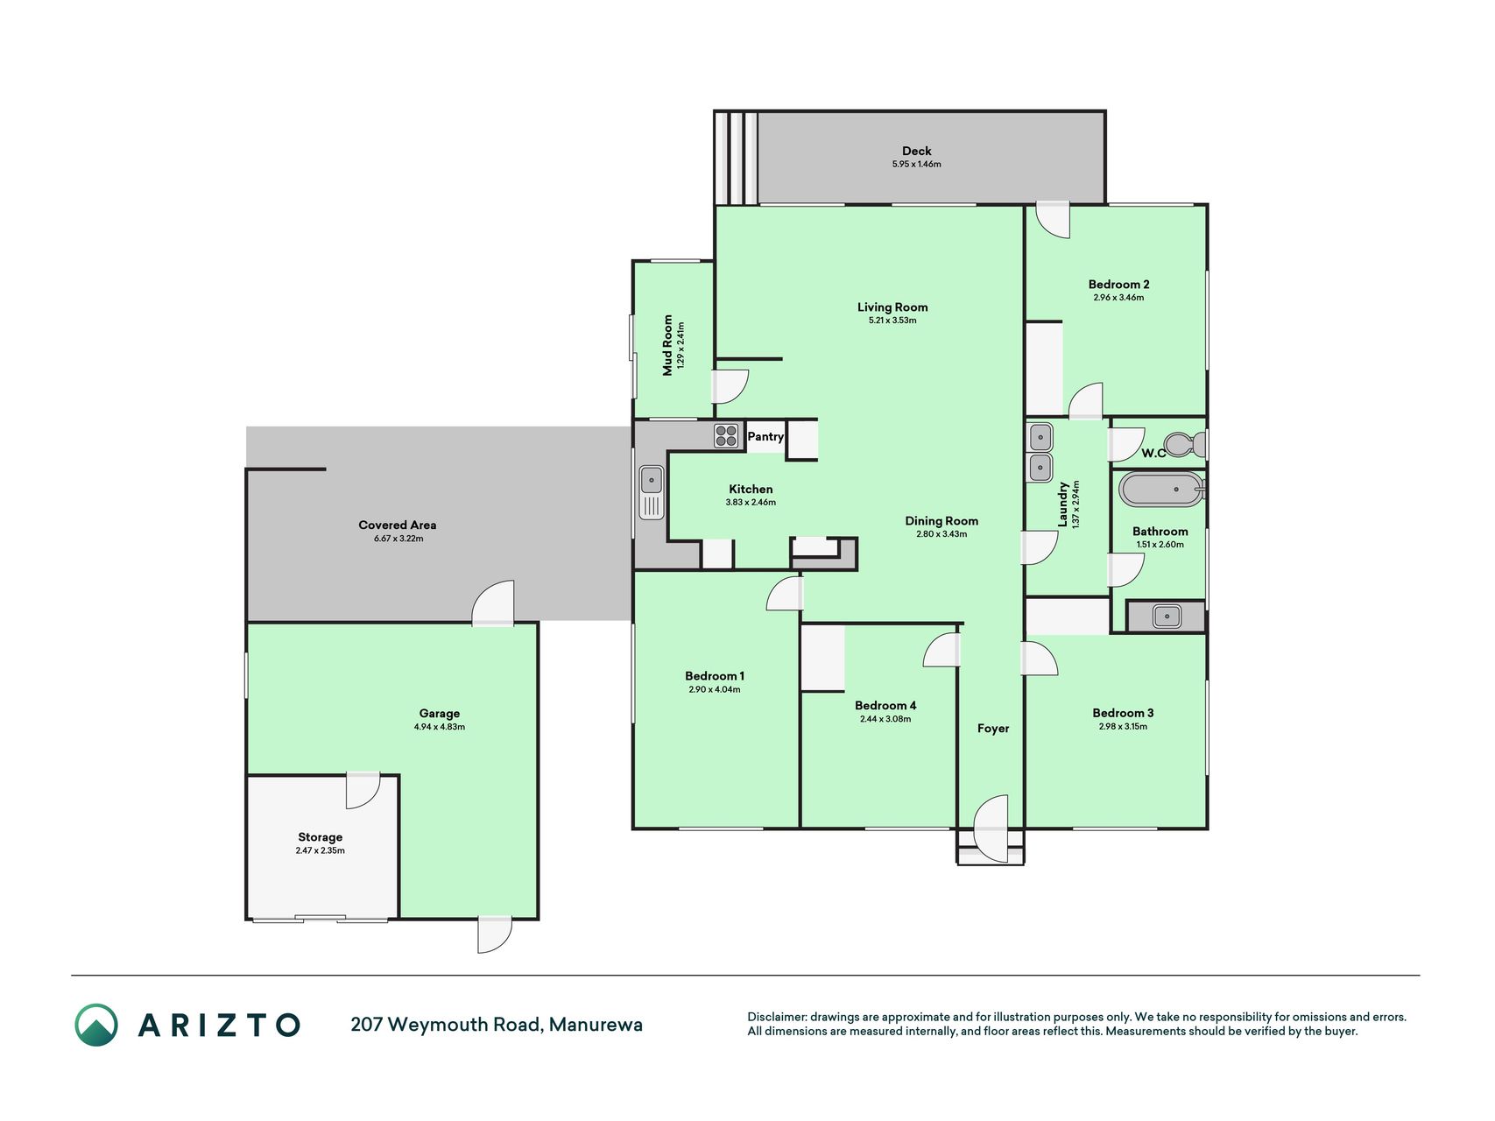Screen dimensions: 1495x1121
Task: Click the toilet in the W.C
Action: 1188,445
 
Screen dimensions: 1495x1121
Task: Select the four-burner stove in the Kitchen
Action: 726,435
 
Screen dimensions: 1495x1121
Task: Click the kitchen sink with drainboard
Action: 652,493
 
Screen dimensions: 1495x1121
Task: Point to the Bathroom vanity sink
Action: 1166,616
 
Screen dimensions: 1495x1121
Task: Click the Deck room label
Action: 917,151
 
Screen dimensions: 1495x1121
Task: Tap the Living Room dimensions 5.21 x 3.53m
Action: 892,321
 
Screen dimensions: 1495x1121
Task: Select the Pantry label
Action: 765,436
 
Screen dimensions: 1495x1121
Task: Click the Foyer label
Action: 993,729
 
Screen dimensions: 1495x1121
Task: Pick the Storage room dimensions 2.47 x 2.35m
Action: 320,850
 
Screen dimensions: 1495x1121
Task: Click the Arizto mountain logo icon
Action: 96,1025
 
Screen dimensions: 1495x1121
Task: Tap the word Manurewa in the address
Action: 596,1024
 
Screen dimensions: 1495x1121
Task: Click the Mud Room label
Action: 667,345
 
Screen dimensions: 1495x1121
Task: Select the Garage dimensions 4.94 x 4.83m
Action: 439,727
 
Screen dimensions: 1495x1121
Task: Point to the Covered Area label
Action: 398,525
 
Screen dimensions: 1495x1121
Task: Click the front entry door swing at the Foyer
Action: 991,828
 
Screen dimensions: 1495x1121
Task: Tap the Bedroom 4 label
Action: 885,706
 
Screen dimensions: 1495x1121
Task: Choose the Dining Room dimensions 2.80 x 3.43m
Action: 941,534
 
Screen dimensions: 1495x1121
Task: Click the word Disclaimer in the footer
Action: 776,1017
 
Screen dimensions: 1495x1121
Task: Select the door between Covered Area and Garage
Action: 492,603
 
